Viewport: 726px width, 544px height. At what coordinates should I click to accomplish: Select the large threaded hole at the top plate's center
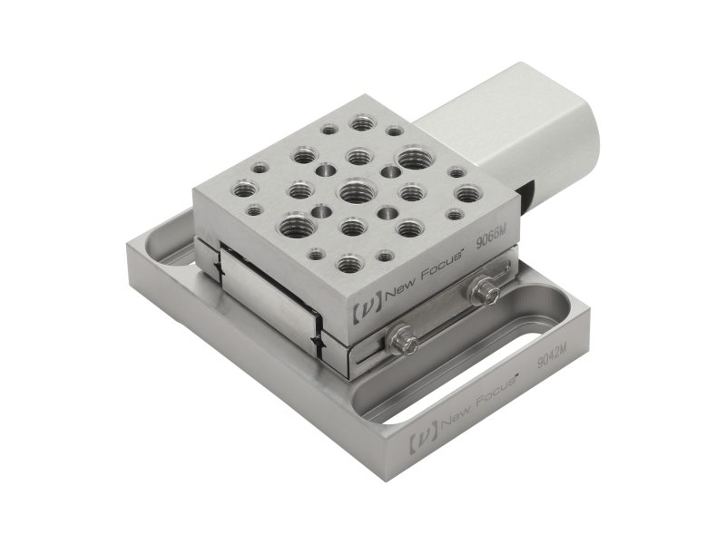click(x=352, y=191)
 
